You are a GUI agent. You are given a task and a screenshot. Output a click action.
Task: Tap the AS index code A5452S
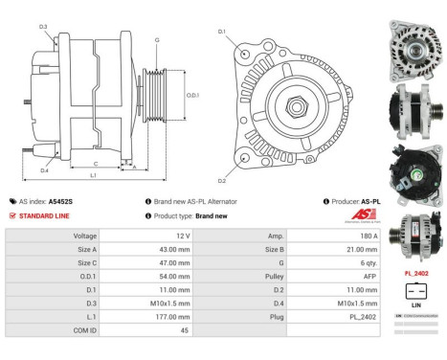pos(60,202)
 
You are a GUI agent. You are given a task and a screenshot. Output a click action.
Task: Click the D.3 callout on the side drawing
pos(44,27)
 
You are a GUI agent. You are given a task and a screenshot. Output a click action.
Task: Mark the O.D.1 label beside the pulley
pos(192,94)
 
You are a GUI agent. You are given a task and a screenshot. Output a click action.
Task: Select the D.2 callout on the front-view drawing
pos(222,180)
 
